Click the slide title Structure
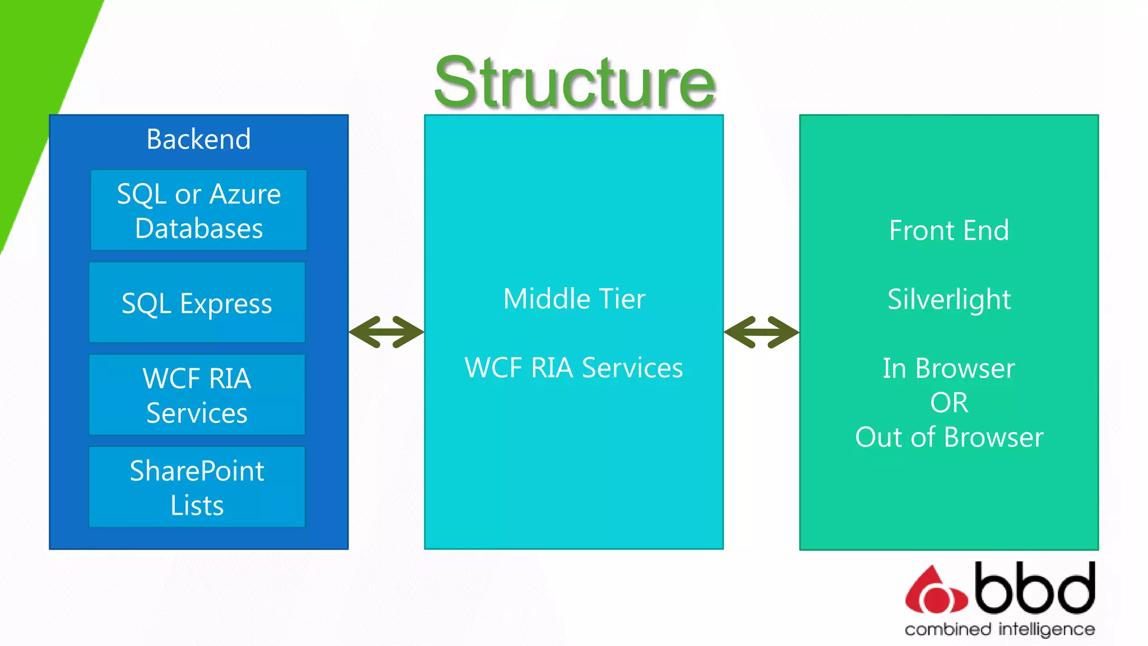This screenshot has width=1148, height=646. coord(575,82)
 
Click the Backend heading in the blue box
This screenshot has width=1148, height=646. coord(198,139)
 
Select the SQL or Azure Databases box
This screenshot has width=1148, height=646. coord(198,210)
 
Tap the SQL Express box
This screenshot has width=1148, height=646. coord(197,303)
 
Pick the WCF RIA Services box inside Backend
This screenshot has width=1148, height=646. coord(197,395)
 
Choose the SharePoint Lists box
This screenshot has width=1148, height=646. coord(197,487)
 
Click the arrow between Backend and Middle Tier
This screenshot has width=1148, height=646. coord(386,332)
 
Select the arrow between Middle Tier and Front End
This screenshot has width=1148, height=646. coord(761,332)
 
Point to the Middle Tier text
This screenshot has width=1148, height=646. coord(574,299)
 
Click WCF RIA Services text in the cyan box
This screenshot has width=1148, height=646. coord(574,368)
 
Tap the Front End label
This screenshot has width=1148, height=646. coord(948,230)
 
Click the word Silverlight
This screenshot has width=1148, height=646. coord(948,299)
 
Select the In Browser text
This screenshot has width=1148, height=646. coord(948,368)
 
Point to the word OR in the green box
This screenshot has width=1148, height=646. coord(948,403)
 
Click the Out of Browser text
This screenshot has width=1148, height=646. coord(948,437)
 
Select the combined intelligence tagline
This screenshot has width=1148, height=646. coord(999,629)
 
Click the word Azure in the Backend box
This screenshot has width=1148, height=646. coord(245,194)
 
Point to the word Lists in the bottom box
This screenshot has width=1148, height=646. coord(197,505)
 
